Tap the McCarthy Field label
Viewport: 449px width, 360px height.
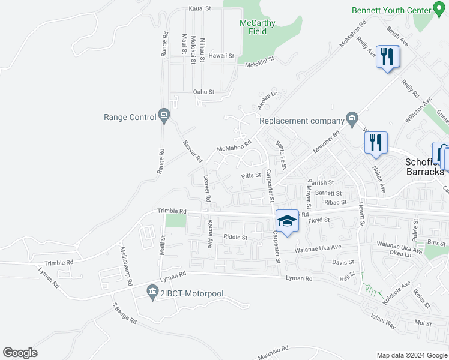coord(258,28)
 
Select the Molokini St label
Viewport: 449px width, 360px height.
coord(259,59)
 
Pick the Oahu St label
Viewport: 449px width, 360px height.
coord(203,92)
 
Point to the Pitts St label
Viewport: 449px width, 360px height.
coord(250,176)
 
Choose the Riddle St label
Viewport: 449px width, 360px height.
coord(235,237)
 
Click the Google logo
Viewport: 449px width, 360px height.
coord(20,353)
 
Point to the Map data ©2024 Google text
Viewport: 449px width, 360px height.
coord(411,355)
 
